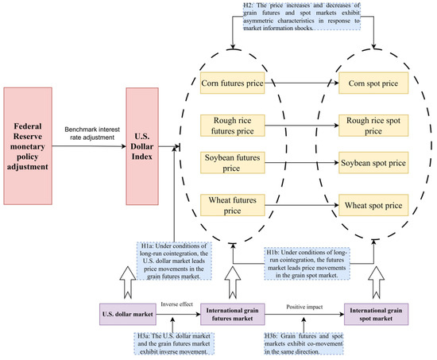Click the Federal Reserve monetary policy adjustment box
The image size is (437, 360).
28,146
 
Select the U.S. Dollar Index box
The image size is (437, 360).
142,146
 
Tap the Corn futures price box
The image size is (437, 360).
233,83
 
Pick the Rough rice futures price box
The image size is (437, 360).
233,126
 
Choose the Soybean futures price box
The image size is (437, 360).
233,163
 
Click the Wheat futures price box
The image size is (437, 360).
233,205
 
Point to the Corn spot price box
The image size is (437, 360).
373,83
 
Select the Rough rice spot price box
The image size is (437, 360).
373,126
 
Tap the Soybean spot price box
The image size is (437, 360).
373,163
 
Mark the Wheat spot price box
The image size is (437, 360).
373,205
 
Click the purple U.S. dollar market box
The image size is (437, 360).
128,314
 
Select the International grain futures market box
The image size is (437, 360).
233,314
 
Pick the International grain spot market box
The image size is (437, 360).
377,314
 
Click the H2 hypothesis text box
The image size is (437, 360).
302,16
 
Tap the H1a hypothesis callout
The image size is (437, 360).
174,261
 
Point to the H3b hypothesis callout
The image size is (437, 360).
304,343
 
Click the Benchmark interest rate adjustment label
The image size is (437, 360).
92,134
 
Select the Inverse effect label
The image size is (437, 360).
176,304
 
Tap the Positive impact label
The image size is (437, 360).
304,307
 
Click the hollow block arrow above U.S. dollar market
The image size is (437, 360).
128,282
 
